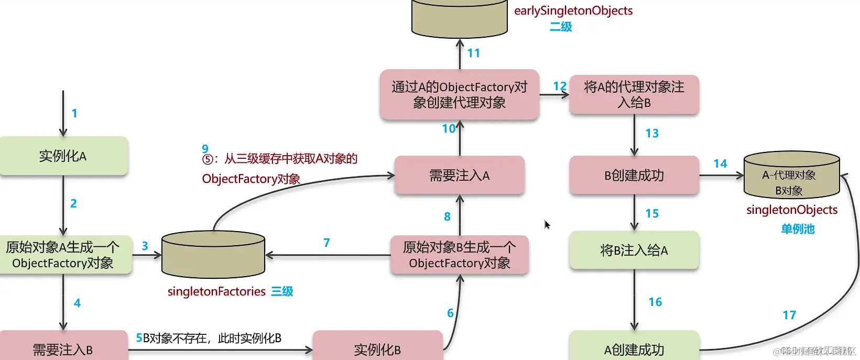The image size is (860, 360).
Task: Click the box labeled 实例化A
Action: (63, 156)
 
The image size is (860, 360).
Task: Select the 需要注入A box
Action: (460, 176)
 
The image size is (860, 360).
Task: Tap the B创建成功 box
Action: (634, 176)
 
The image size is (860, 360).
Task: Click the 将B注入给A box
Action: (634, 250)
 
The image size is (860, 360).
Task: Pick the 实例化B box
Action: (377, 347)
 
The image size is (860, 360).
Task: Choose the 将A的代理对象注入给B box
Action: (634, 94)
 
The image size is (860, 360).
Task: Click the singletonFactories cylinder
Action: (213, 255)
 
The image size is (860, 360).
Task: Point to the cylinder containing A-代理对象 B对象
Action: (791, 176)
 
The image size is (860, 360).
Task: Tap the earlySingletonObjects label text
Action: (573, 10)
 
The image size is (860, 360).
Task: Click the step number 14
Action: (720, 164)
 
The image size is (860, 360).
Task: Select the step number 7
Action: (326, 243)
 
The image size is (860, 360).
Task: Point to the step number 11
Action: (474, 53)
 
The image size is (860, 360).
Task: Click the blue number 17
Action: (789, 315)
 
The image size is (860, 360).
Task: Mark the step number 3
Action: (145, 246)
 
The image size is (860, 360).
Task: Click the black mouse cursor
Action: (547, 225)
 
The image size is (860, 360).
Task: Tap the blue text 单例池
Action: (798, 229)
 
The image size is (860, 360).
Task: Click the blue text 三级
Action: (282, 291)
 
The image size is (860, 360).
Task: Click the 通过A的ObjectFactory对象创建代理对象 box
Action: (460, 94)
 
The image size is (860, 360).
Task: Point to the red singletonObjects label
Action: (792, 210)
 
